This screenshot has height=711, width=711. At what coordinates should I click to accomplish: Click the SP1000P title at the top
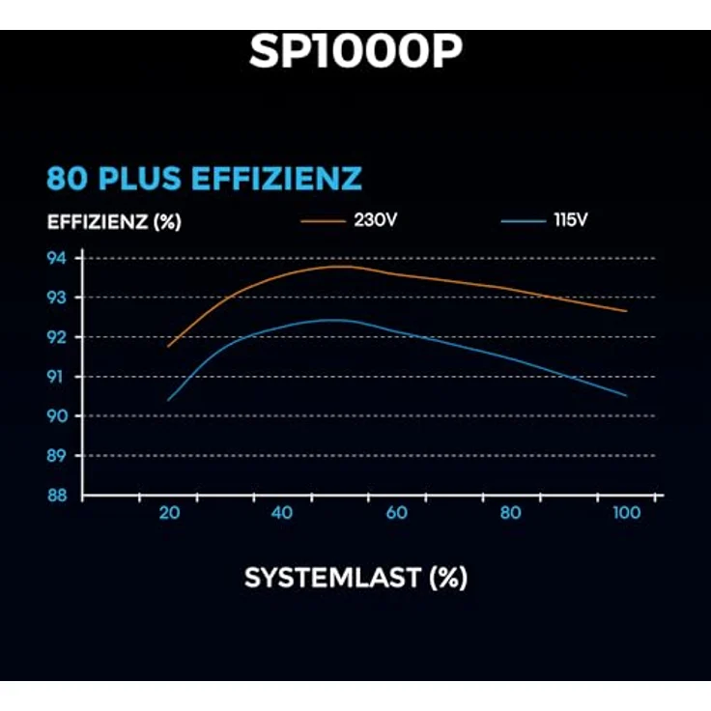click(x=355, y=53)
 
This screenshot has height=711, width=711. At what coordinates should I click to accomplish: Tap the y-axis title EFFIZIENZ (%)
click(x=114, y=221)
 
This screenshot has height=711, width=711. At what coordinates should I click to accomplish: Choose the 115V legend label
click(x=570, y=220)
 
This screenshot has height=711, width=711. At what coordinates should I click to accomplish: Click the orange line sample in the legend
click(x=323, y=220)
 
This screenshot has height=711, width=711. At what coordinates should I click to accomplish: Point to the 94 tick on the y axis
click(x=57, y=258)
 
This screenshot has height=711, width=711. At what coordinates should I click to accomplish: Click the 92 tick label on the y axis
click(x=57, y=337)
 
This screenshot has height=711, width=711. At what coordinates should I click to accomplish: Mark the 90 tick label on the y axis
click(x=57, y=416)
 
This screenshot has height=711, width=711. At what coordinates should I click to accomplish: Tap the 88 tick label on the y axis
click(x=57, y=495)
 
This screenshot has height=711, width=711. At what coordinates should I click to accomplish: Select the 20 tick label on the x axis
click(x=169, y=513)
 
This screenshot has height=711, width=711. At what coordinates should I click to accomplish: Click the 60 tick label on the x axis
click(x=397, y=513)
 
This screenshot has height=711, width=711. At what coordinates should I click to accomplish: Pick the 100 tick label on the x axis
click(x=626, y=513)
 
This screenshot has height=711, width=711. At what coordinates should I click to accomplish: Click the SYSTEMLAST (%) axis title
click(x=355, y=578)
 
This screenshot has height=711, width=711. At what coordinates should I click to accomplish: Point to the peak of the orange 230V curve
click(x=338, y=266)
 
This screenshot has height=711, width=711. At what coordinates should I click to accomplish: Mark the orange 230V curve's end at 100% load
click(x=626, y=311)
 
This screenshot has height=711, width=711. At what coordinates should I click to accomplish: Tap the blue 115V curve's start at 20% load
click(x=168, y=399)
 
